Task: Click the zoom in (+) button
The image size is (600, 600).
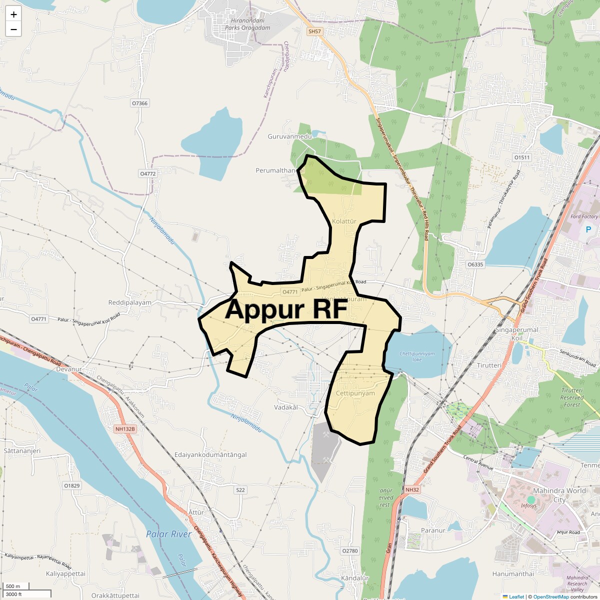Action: (13, 14)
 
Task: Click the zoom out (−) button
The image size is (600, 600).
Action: (13, 29)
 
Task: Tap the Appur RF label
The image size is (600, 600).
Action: (286, 309)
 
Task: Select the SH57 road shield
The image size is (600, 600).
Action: (314, 31)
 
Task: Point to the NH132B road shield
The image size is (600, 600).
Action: (125, 429)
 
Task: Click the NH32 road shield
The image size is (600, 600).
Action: (412, 490)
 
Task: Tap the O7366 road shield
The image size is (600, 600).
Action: (139, 103)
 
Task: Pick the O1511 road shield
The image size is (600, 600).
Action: (521, 157)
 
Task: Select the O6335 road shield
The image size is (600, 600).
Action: (475, 264)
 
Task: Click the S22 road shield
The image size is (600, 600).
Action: (240, 490)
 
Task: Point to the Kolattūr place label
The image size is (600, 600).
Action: (344, 221)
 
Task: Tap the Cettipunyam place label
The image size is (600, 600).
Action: (355, 393)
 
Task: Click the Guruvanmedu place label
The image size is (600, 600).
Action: (289, 136)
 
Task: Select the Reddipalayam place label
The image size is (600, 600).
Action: (129, 303)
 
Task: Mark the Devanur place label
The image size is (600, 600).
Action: (68, 369)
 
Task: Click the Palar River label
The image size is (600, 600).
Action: (168, 534)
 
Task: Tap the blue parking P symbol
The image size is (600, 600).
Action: (588, 229)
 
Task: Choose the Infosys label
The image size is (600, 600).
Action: (528, 506)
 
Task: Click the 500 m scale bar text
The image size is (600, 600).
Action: (13, 586)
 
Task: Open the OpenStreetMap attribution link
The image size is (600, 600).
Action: (551, 596)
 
